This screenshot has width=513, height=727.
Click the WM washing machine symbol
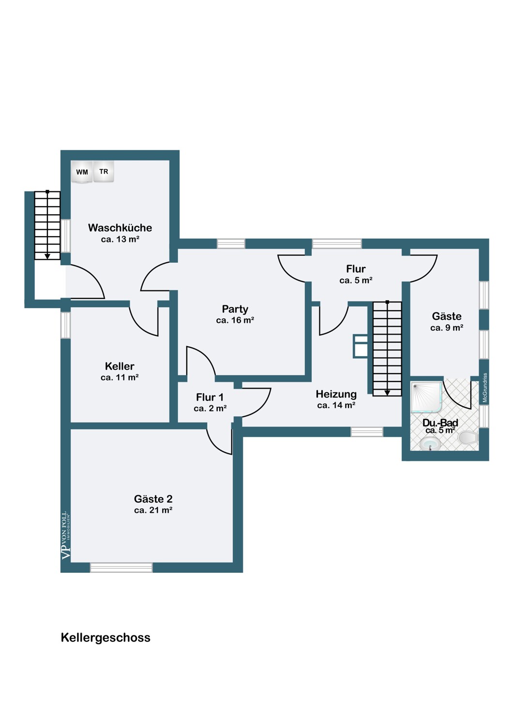[x=82, y=172]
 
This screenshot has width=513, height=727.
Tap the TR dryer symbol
[x=104, y=172]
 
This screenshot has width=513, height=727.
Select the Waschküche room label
[x=120, y=227]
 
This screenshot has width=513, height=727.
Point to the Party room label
[x=235, y=309]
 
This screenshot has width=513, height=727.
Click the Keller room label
[x=120, y=366]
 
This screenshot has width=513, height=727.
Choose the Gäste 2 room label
[x=153, y=499]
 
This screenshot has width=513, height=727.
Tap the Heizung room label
[x=336, y=395]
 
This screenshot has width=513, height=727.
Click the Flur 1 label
[x=210, y=397]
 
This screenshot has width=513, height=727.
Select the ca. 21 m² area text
[x=153, y=510]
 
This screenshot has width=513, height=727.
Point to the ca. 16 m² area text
[x=235, y=320]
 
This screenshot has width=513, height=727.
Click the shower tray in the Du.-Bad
[x=427, y=397]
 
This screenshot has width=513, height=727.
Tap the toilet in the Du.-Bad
[x=468, y=438]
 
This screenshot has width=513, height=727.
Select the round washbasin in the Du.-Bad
[x=430, y=443]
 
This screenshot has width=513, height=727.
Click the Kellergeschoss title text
[x=106, y=638]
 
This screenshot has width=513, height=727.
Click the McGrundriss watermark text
[x=485, y=387]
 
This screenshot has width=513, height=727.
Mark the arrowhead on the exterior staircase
[x=47, y=256]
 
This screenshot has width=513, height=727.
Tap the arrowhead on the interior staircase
[x=387, y=393]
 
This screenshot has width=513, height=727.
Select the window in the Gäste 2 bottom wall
[x=121, y=568]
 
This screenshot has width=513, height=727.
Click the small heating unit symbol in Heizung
[x=361, y=347]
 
